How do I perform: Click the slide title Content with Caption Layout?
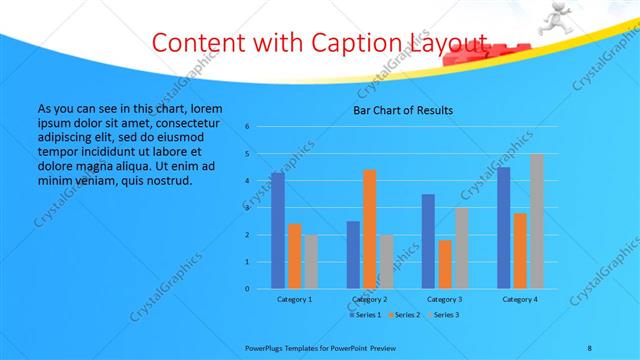click(320, 43)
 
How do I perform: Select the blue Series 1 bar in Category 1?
click(277, 231)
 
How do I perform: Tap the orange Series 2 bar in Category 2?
click(369, 229)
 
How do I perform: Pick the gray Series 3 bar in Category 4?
click(536, 221)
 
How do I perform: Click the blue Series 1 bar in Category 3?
click(428, 241)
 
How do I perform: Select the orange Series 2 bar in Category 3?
click(444, 264)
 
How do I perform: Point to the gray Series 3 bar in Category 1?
click(310, 262)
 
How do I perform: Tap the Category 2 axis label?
click(369, 299)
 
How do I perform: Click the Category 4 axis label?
click(519, 299)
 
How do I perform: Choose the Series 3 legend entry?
click(443, 315)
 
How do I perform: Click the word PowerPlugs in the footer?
click(265, 346)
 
